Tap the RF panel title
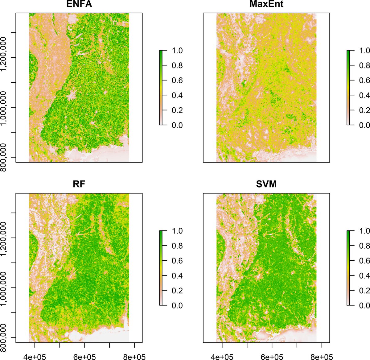(79, 185)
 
